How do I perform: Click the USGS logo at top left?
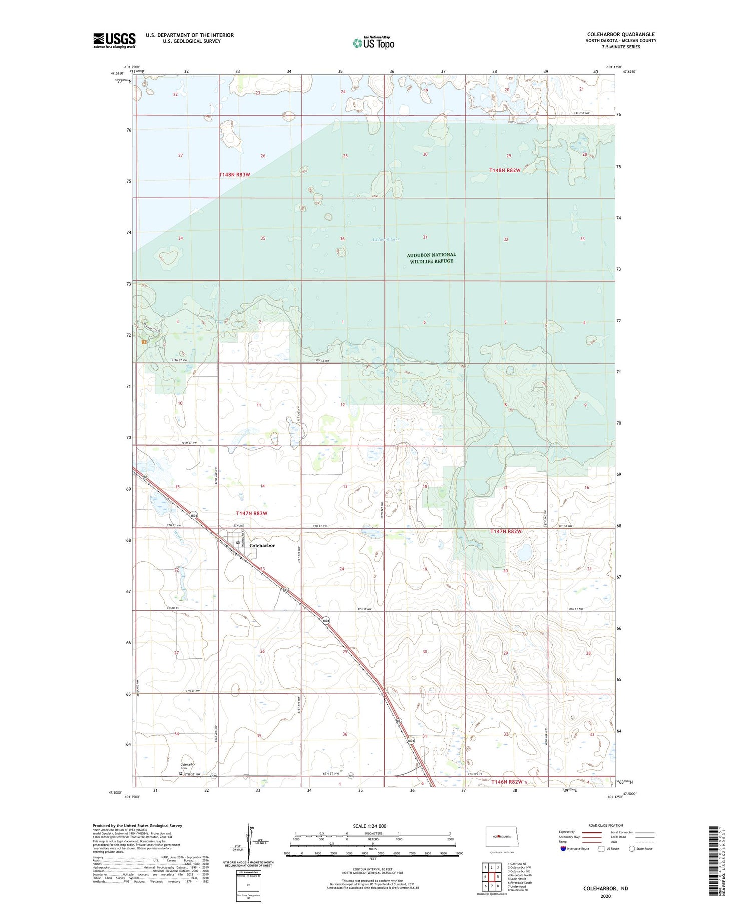click(x=114, y=40)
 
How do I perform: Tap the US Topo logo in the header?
click(x=373, y=43)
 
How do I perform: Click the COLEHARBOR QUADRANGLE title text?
click(x=621, y=34)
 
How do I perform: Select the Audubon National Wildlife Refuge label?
click(x=431, y=258)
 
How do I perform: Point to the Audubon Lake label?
click(x=385, y=239)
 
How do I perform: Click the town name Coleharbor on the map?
click(x=262, y=546)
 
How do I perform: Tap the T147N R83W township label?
click(x=251, y=513)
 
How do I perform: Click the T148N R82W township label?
click(x=505, y=170)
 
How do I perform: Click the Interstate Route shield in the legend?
click(x=563, y=849)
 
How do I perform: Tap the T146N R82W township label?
click(x=507, y=782)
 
